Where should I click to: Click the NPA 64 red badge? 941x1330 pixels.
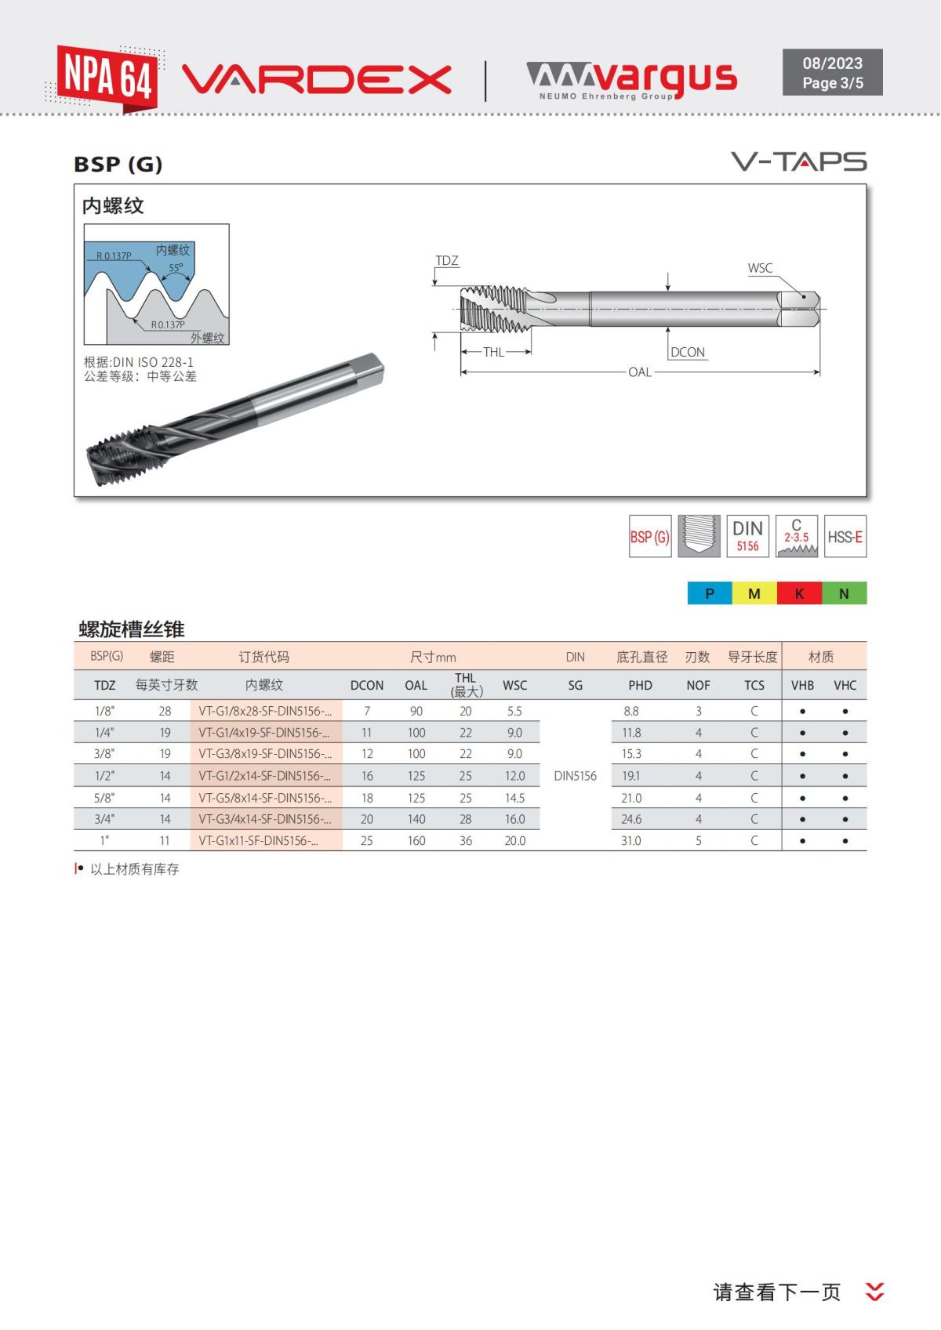(x=107, y=78)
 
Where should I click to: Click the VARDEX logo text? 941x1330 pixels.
(x=316, y=79)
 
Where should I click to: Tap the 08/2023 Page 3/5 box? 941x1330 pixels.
(x=832, y=73)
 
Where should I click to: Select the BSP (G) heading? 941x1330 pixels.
(x=118, y=165)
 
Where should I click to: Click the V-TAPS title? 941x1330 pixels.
(x=798, y=161)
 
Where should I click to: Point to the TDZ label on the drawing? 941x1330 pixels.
(x=446, y=261)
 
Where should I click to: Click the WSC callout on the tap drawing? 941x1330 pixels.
(x=759, y=268)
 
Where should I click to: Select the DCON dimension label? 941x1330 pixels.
(x=688, y=353)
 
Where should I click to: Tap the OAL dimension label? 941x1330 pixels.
(x=639, y=372)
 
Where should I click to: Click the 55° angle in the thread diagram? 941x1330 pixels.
(x=176, y=268)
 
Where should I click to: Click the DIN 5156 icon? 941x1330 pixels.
(x=747, y=536)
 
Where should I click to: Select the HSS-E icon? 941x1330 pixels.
(x=845, y=537)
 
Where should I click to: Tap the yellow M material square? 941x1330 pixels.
(x=754, y=593)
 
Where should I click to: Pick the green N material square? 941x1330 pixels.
(x=844, y=593)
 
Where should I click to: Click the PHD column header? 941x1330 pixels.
(x=640, y=685)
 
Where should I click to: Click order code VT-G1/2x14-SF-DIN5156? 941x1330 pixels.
(x=265, y=776)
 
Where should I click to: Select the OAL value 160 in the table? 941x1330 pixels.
(x=416, y=840)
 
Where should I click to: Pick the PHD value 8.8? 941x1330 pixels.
(x=631, y=711)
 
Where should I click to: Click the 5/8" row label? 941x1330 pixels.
(x=104, y=798)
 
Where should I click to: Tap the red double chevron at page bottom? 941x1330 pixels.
(x=874, y=1292)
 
